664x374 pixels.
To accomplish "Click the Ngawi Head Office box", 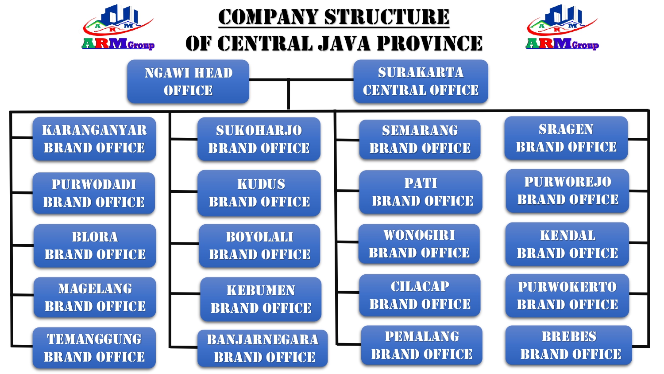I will point(188,82).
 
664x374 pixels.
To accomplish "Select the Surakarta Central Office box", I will point(421,82).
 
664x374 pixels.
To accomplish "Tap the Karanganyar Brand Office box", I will point(94,139).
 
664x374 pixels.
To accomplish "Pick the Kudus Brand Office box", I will point(259,193).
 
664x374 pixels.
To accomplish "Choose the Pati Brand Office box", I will point(421,192).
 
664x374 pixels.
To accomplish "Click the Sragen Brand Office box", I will point(566,138).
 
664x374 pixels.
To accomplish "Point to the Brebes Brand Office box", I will point(569,345).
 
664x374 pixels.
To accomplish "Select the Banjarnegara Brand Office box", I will point(263,348).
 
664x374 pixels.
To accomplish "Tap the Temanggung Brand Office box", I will point(94,348).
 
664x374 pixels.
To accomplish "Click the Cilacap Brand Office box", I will point(420,295).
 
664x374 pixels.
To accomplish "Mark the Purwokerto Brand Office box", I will point(567,296).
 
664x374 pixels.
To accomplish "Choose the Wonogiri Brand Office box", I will point(419,244).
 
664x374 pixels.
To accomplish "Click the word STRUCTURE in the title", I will point(387,17).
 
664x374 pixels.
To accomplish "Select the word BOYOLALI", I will point(259,237).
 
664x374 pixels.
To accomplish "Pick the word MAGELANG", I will point(95,289).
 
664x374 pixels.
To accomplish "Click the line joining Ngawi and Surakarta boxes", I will point(301,80).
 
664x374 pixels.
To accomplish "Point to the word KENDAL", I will point(567,236).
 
